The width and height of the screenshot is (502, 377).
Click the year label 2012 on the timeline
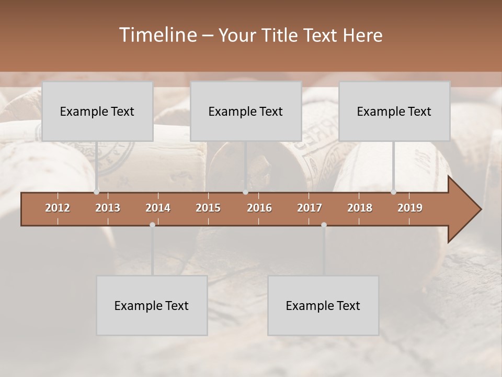tap(58, 208)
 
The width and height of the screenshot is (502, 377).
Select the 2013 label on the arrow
tap(108, 208)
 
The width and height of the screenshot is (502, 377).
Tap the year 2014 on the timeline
tap(158, 208)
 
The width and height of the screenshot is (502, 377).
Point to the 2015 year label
tap(208, 208)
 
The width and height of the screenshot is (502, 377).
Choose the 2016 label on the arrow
tap(259, 208)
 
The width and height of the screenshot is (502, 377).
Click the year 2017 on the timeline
tap(310, 208)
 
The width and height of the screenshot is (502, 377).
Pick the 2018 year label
tap(360, 208)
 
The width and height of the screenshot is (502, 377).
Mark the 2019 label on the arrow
tap(410, 208)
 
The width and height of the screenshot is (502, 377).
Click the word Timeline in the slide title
tap(157, 35)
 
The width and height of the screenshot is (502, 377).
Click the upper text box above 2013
tap(97, 111)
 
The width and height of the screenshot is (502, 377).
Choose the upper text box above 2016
tap(246, 111)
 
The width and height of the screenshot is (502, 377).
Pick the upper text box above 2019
tap(394, 111)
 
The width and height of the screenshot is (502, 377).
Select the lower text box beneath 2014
tap(152, 305)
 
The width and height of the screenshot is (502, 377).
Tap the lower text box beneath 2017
tap(323, 305)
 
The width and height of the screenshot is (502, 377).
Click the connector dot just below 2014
tap(152, 225)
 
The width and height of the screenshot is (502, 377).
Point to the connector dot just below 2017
tap(324, 225)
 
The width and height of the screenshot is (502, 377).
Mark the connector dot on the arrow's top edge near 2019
tap(393, 192)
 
